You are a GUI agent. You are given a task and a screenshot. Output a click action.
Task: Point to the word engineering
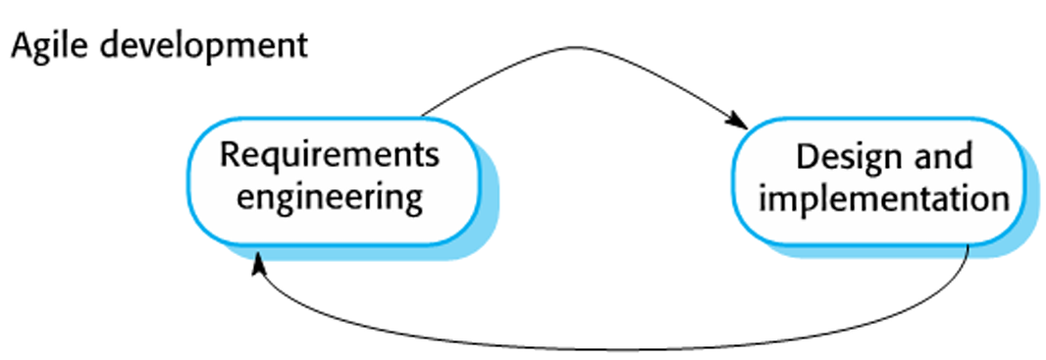pyautogui.click(x=331, y=197)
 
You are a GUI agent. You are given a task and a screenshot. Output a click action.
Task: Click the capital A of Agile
pyautogui.click(x=19, y=45)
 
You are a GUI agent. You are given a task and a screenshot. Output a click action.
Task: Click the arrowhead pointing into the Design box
pyautogui.click(x=737, y=122)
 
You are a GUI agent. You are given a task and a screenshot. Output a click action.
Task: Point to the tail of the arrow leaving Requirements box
pyautogui.click(x=424, y=117)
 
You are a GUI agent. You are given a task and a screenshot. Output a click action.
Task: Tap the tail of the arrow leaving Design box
pyautogui.click(x=968, y=247)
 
